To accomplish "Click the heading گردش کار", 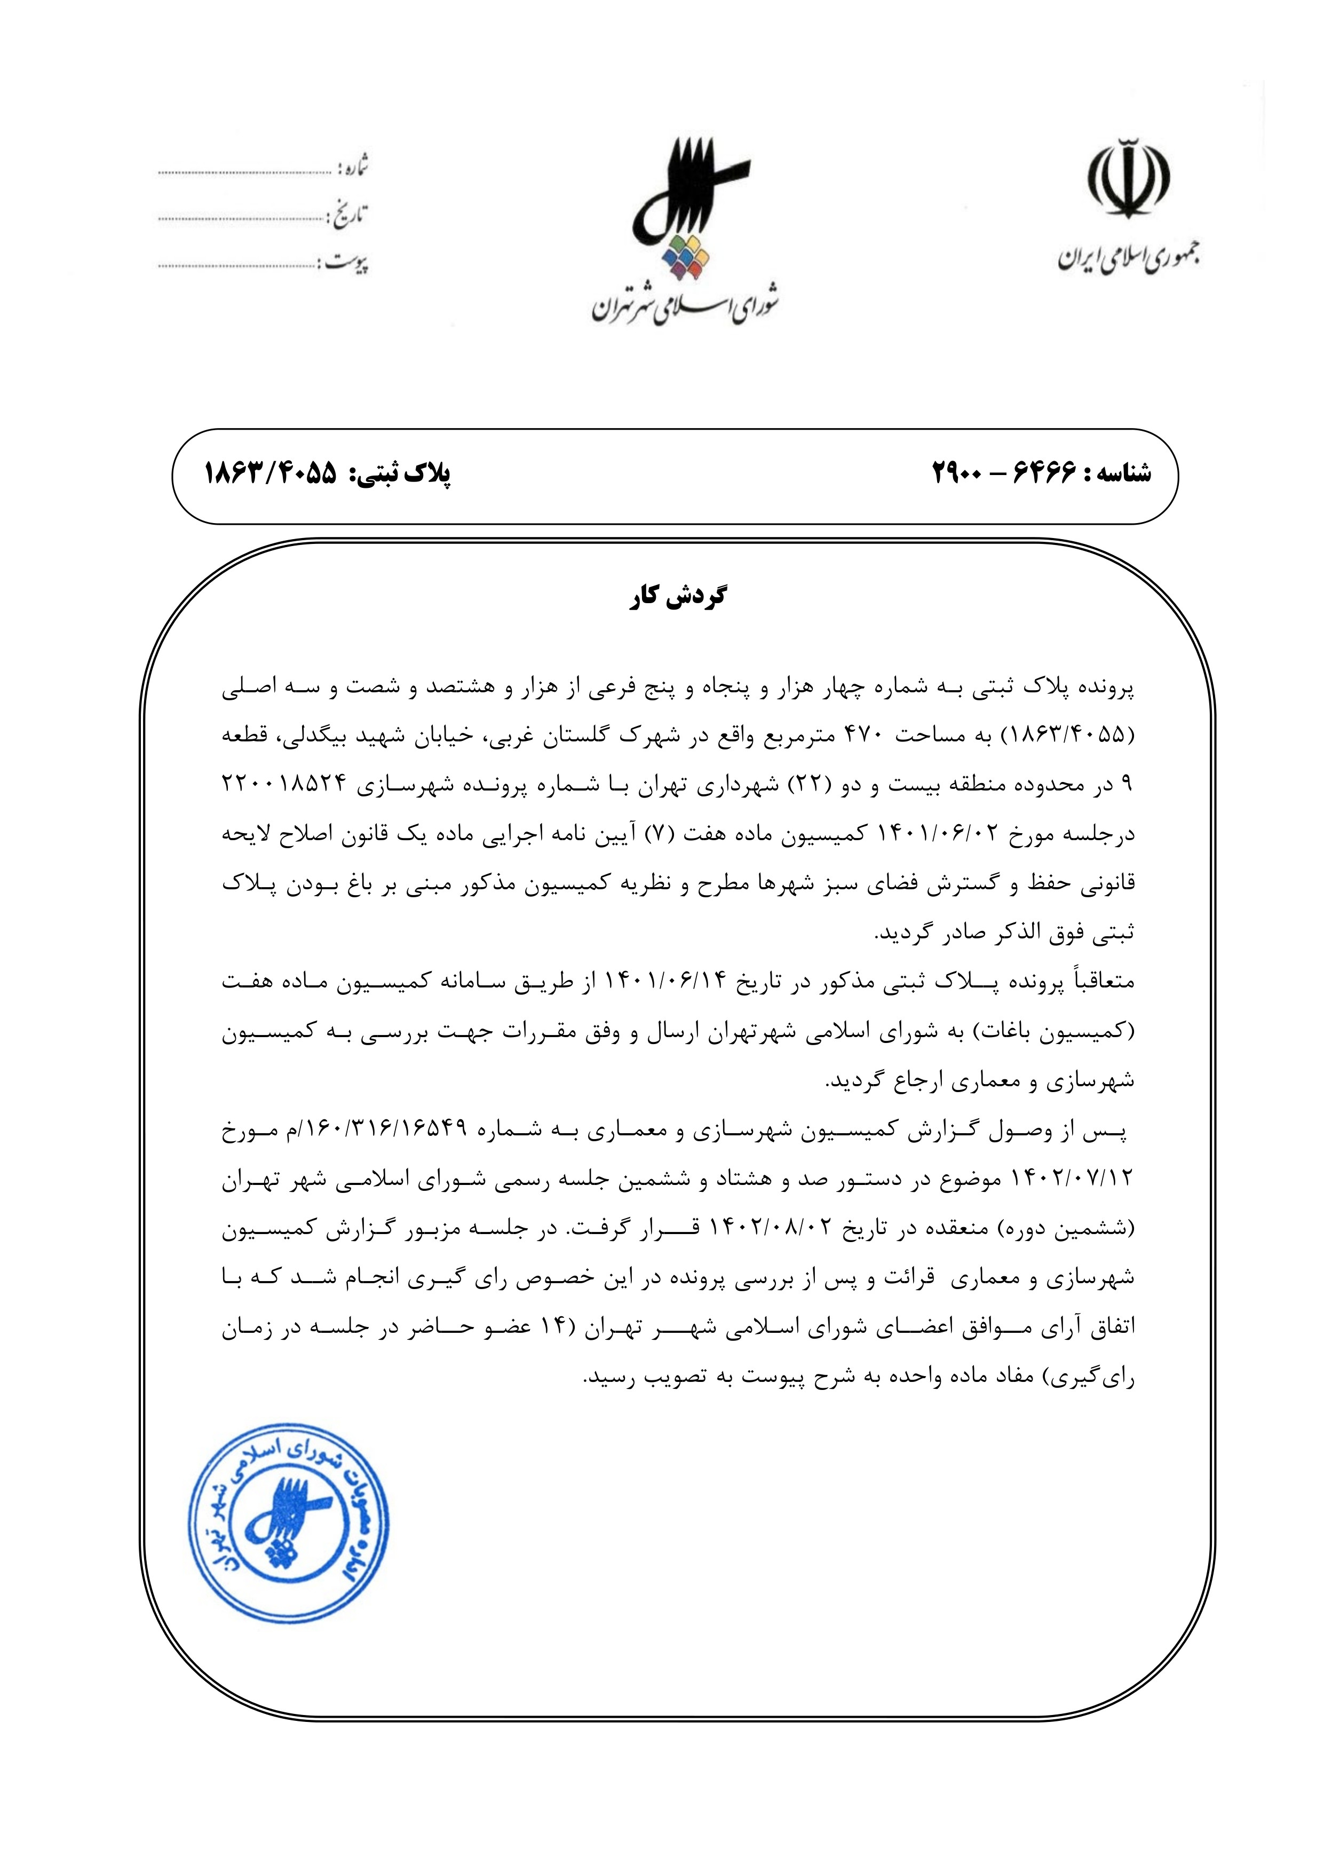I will point(677,598).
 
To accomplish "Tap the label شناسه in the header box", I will point(1117,473).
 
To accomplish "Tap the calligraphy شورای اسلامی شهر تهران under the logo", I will point(685,304).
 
